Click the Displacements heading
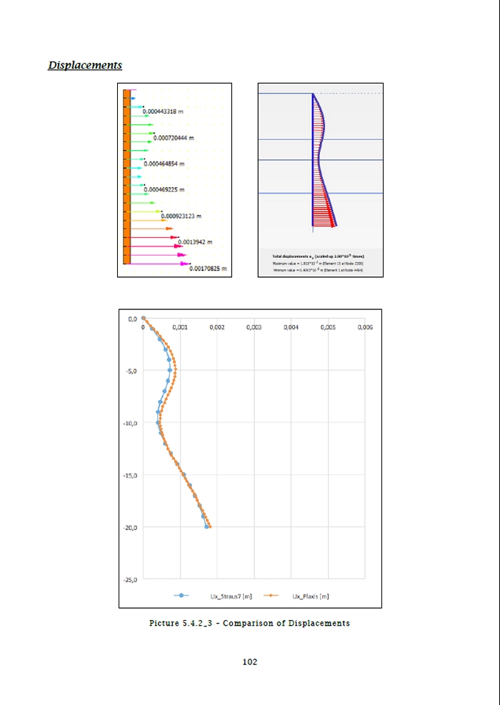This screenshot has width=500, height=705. [85, 65]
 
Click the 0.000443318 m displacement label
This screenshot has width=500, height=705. [164, 112]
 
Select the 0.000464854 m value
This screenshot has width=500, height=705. [164, 164]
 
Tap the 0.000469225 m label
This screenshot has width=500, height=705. [164, 189]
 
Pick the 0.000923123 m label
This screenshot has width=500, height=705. [181, 216]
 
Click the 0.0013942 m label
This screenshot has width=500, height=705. [195, 242]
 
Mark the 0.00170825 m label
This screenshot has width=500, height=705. [208, 269]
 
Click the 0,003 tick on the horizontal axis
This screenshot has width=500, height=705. [254, 327]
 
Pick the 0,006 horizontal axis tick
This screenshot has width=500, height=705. [364, 327]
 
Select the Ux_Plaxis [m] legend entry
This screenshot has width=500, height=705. [310, 595]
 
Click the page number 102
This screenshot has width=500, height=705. [249, 662]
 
